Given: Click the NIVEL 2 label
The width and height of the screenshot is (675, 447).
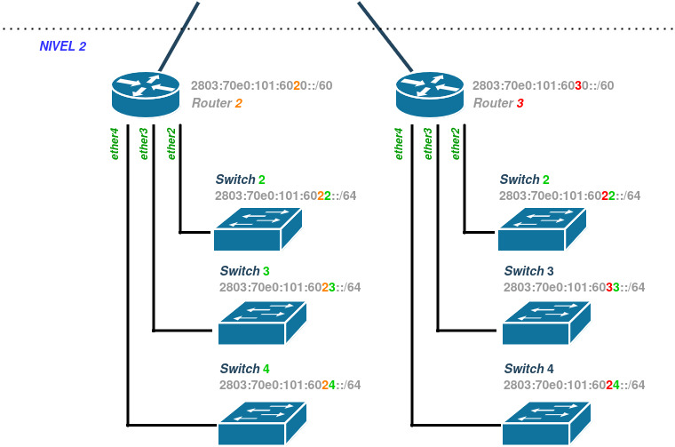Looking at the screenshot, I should click(x=62, y=45).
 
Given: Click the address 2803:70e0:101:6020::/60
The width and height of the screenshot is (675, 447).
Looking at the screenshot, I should click(x=261, y=86).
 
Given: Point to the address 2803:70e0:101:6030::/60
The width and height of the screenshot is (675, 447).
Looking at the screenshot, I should click(x=543, y=86).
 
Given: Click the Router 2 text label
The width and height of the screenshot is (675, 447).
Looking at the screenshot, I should click(x=217, y=103).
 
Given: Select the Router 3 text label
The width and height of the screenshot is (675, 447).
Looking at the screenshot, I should click(x=498, y=103).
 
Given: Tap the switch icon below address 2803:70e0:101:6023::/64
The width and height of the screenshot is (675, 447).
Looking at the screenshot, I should click(x=263, y=323).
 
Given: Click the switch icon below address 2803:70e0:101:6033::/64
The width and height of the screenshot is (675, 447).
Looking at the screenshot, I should click(x=546, y=323).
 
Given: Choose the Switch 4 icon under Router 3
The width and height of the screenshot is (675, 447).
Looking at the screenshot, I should click(x=546, y=422).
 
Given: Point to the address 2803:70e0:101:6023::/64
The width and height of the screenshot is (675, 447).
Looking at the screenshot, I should click(x=290, y=287).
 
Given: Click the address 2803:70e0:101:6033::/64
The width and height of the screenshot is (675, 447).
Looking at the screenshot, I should click(x=574, y=287).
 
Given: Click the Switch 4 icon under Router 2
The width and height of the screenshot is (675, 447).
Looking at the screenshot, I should click(x=263, y=422).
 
